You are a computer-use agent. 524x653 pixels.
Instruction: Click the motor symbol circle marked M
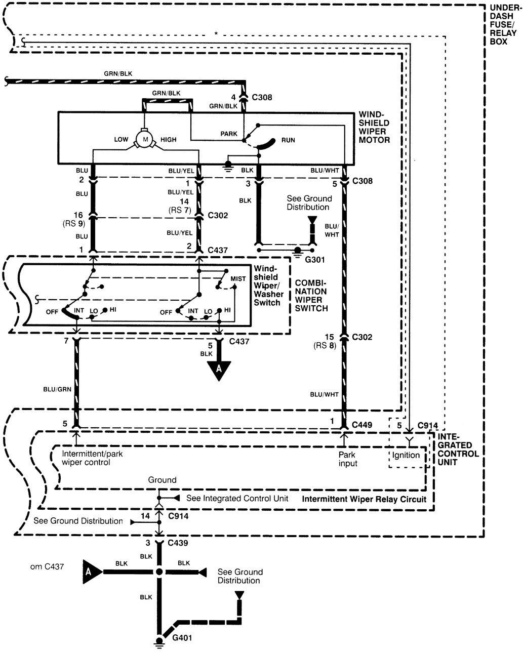[144, 139]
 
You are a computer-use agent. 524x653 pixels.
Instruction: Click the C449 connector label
[361, 425]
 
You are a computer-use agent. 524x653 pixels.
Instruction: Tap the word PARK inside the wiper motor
[229, 134]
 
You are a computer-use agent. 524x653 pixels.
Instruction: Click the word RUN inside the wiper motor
[288, 140]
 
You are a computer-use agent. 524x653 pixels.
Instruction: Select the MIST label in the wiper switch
[238, 279]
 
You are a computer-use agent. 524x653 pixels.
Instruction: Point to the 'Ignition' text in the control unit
[406, 455]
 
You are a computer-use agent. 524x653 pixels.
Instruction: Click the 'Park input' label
[347, 459]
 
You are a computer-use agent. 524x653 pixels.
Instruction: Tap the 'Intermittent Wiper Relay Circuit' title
[364, 499]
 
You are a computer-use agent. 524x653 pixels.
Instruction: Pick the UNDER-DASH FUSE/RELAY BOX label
[503, 24]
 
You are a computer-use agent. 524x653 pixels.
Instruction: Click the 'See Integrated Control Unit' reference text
[237, 498]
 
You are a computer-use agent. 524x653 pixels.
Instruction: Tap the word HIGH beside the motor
[169, 139]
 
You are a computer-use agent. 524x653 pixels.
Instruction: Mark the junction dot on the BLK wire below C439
[159, 572]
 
